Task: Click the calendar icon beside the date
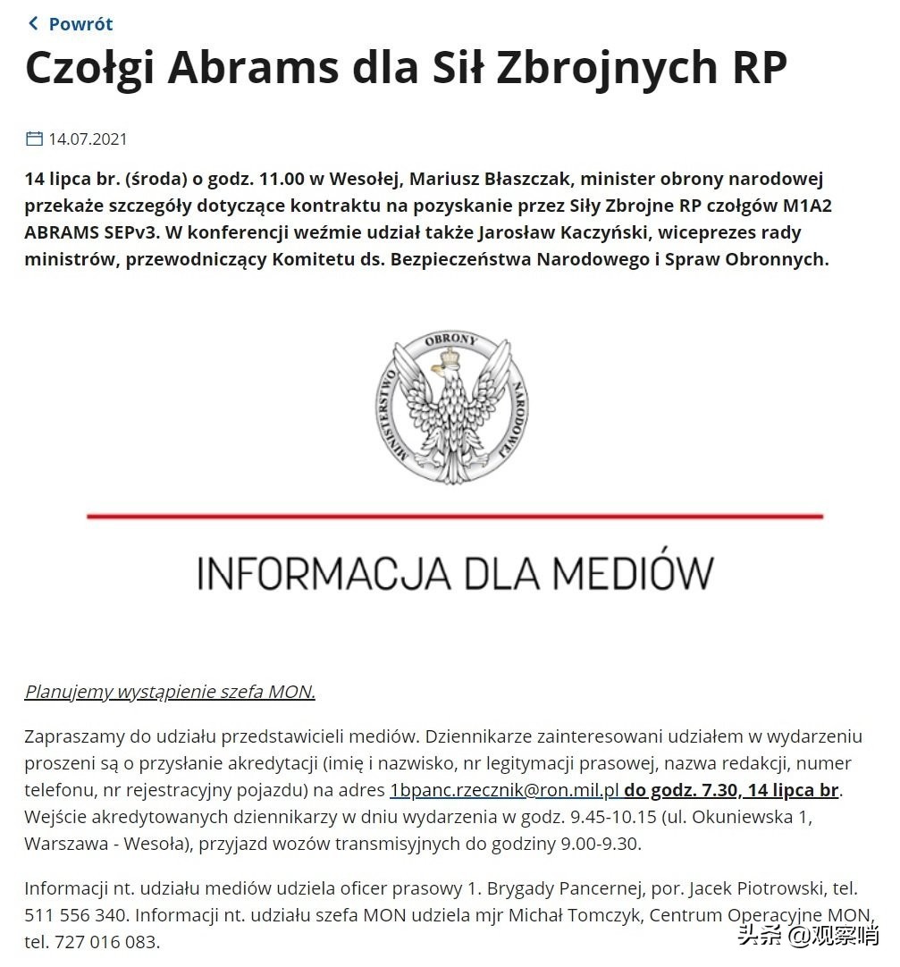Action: click(x=34, y=139)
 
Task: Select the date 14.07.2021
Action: click(x=88, y=139)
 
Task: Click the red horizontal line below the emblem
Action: click(x=454, y=516)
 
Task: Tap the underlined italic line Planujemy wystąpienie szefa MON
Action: click(x=170, y=692)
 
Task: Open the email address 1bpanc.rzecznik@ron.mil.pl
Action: click(x=505, y=790)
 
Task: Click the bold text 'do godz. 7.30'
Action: click(x=682, y=790)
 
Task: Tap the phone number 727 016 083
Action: click(x=107, y=942)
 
